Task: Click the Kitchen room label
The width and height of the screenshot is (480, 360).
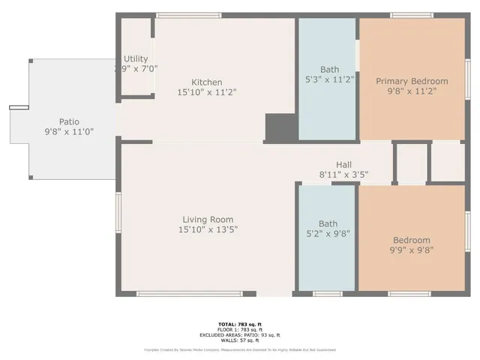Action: pos(206,82)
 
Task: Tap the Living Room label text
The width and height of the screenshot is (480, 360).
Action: pos(210,220)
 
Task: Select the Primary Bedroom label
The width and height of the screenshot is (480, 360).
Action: pos(412,81)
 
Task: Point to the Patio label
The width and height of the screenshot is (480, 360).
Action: pos(69,121)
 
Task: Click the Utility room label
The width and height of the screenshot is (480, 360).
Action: pos(136,58)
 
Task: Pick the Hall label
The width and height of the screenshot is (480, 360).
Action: pos(343,165)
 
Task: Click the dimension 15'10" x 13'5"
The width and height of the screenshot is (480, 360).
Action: pos(210,229)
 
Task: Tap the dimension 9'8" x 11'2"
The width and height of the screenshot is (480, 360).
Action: pos(412,91)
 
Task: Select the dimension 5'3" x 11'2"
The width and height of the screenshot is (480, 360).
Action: pos(328,78)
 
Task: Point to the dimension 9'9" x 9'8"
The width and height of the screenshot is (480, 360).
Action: pos(412,250)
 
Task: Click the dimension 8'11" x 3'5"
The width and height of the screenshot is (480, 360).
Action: pos(344,175)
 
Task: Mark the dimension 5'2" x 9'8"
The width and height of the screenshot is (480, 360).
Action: pos(328,232)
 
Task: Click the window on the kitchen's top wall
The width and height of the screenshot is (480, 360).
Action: pos(188,14)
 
